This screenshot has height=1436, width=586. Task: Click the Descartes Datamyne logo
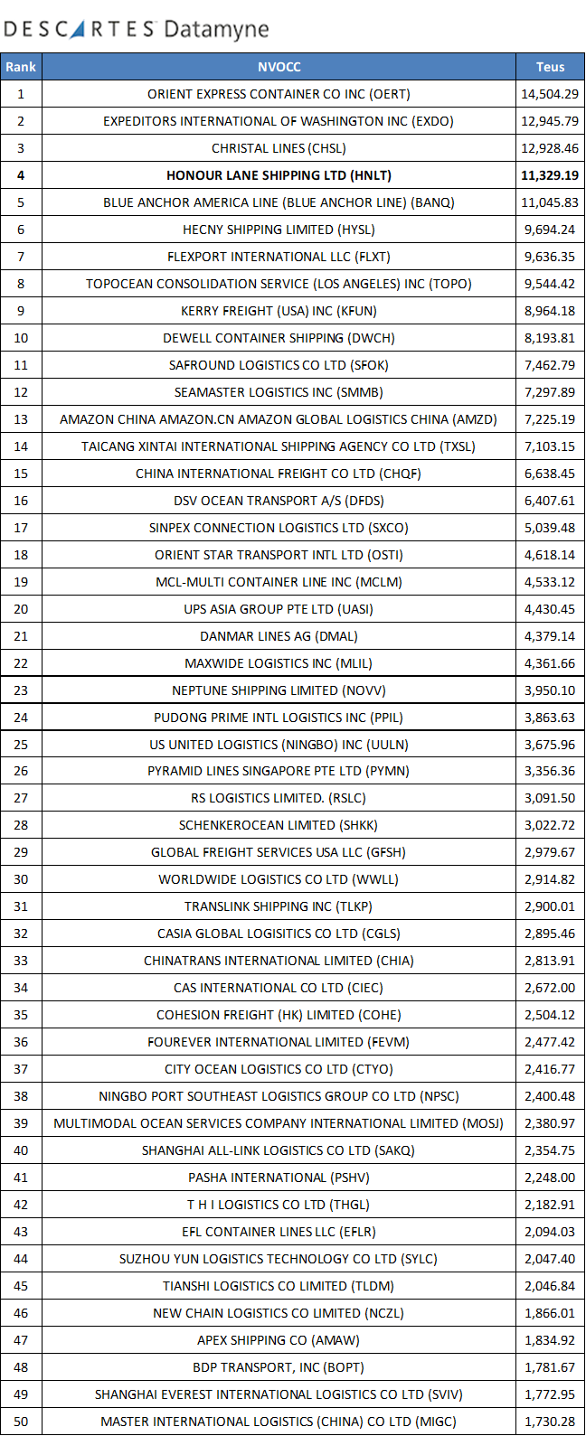[136, 29]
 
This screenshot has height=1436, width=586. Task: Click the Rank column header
[21, 67]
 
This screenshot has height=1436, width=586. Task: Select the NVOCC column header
[279, 67]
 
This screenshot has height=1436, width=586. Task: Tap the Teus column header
[550, 67]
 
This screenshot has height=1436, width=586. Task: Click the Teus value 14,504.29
[550, 94]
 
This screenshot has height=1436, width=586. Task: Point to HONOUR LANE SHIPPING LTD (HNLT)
[279, 175]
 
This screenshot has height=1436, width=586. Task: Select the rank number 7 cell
[21, 257]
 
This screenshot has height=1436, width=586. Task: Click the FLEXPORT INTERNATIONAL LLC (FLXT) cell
[279, 257]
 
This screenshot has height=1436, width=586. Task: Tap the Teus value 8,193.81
[550, 338]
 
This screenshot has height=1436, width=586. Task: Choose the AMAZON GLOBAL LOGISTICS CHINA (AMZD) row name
[279, 419]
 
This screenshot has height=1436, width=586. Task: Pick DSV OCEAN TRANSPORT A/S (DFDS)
[279, 501]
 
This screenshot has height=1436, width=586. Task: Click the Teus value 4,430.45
[550, 609]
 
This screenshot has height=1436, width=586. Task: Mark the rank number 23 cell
[21, 690]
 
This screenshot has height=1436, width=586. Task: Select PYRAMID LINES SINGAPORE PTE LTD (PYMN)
[279, 771]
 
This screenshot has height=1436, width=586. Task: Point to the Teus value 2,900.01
[550, 906]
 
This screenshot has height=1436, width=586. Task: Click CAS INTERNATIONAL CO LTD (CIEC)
[279, 988]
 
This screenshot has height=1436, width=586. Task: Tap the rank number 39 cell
[21, 1123]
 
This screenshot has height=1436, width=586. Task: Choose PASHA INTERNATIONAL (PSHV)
[279, 1178]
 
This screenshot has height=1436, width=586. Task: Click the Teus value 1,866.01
[550, 1313]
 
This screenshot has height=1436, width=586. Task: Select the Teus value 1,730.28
[550, 1422]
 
